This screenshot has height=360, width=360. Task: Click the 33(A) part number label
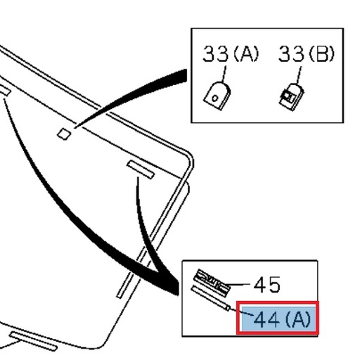pyautogui.click(x=231, y=53)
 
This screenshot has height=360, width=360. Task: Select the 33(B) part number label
pyautogui.click(x=306, y=53)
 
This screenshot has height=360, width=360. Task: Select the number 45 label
pyautogui.click(x=266, y=285)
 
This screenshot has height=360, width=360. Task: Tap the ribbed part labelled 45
pyautogui.click(x=212, y=281)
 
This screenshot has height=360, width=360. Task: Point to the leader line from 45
pyautogui.click(x=240, y=285)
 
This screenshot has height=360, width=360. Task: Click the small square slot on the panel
pyautogui.click(x=63, y=133)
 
